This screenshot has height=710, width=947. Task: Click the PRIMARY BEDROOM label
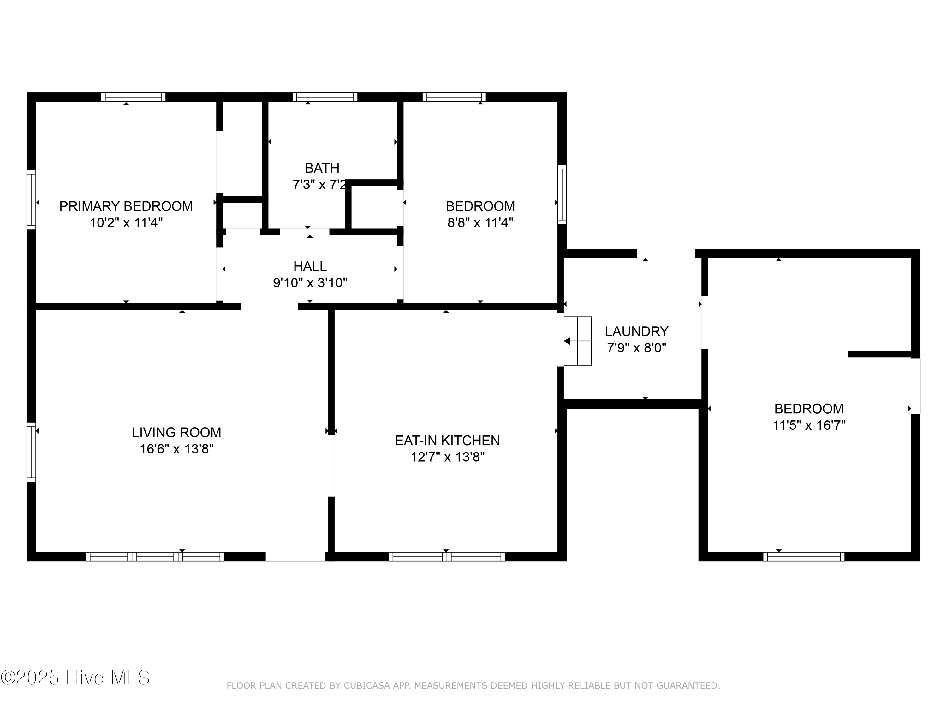pos(126,206)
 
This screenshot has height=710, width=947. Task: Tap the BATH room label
pos(322,168)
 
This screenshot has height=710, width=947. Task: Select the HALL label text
pos(310,266)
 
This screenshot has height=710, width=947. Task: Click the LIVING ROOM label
pos(176,432)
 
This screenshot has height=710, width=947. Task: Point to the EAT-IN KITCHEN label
pos(447,441)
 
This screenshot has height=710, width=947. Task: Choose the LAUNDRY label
pos(637,331)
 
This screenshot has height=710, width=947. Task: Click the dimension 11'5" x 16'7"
pos(809,425)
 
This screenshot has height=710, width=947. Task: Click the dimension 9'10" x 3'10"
pos(310,283)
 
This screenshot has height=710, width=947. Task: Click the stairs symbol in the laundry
pos(578,341)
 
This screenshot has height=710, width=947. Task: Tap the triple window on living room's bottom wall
pos(155,557)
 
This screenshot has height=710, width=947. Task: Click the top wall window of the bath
pos(325,97)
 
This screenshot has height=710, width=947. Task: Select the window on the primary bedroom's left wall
pos(31,199)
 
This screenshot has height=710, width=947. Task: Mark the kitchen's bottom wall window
pos(447,557)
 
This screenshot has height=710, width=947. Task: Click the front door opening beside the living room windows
pos(295,557)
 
